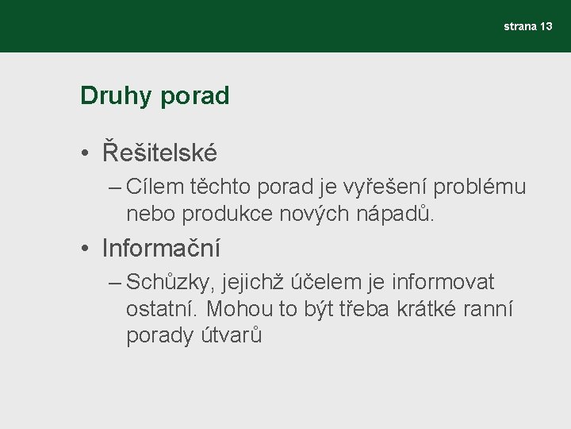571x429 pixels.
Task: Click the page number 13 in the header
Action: pos(546,26)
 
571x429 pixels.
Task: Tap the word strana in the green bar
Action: pos(520,26)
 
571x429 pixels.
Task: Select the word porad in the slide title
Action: pos(194,96)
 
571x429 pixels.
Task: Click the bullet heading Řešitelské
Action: pos(159,151)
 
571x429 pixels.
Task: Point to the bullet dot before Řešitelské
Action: pos(84,153)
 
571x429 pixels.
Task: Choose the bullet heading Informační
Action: pos(161,248)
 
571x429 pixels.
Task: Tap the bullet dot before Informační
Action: pos(84,249)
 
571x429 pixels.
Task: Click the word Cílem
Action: pos(157,187)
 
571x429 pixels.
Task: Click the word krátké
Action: pos(430,308)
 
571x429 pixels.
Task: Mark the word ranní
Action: pos(491,308)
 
